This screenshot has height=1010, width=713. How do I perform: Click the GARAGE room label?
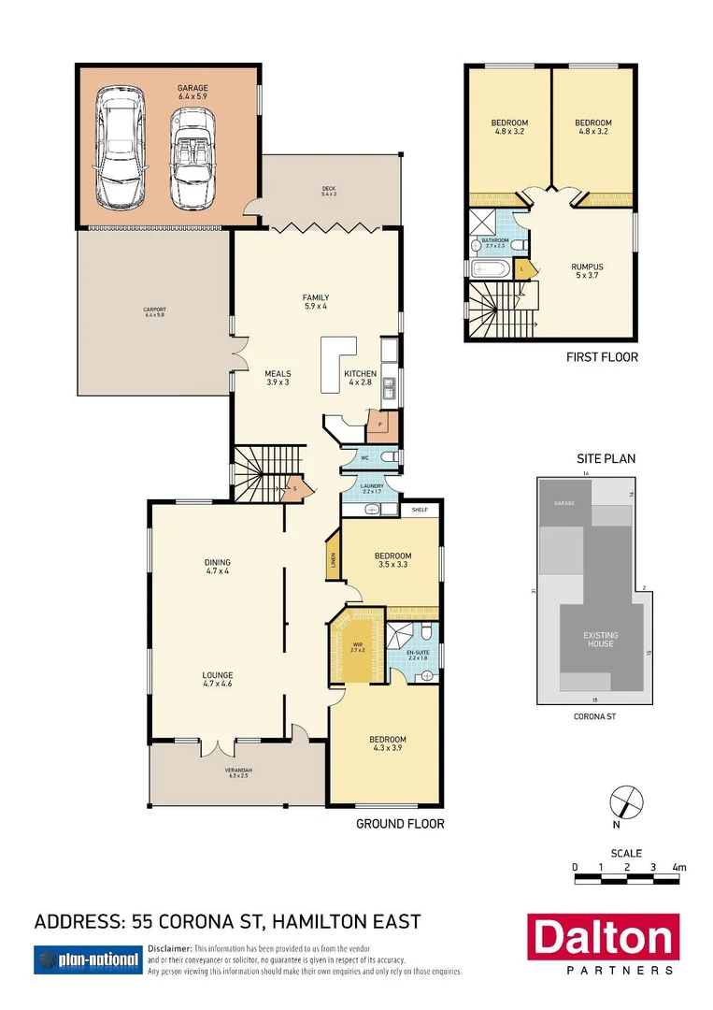[x=193, y=91]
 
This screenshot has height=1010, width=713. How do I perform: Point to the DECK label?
[x=328, y=191]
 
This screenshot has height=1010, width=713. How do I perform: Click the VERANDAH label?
[x=238, y=772]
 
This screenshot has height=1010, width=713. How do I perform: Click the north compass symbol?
[x=626, y=802]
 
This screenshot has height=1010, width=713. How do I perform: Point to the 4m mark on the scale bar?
[x=679, y=867]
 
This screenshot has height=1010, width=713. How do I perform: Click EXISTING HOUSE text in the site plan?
[x=600, y=640]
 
